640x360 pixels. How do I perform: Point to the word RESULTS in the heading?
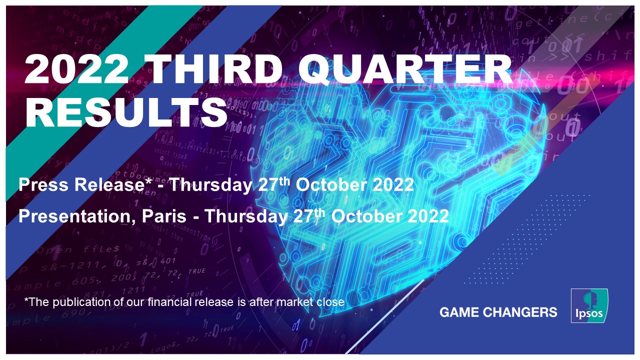click(x=125, y=113)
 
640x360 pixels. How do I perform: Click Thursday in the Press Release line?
click(x=210, y=185)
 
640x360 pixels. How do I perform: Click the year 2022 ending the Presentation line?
click(x=427, y=217)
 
